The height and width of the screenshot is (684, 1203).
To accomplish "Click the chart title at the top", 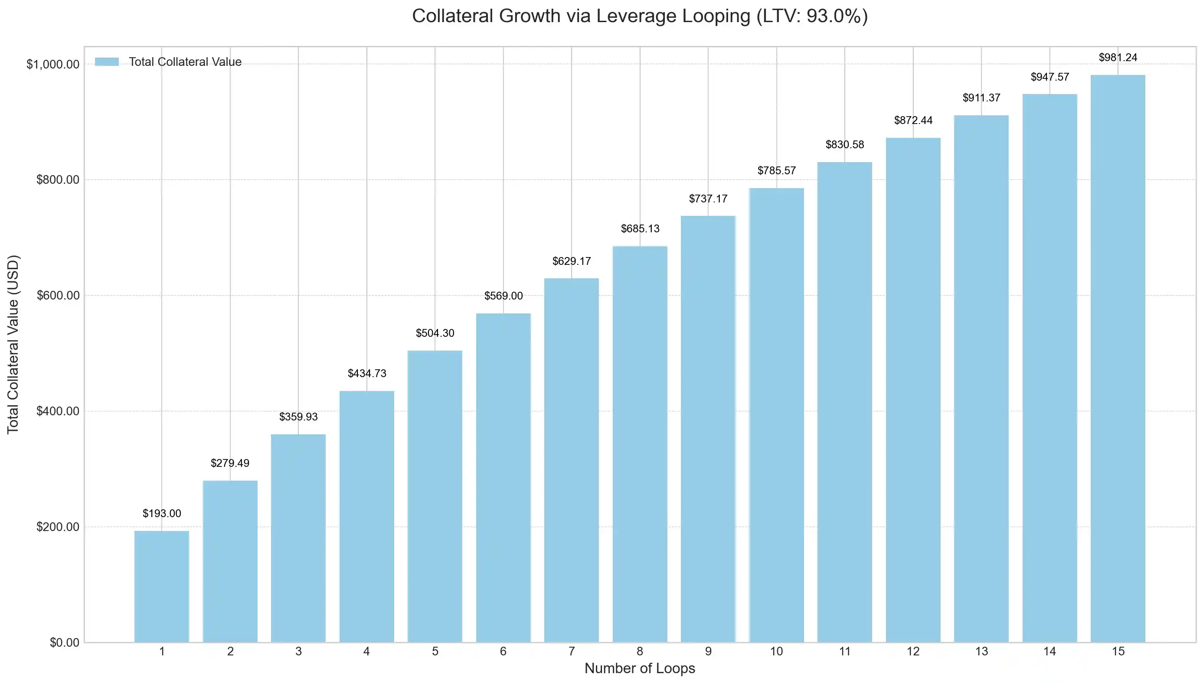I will click(x=640, y=16).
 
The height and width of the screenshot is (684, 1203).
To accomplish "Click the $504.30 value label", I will click(x=435, y=333).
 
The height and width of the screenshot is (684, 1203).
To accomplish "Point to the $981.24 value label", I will click(x=1118, y=57).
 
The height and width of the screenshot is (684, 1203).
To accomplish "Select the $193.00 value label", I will click(x=162, y=513).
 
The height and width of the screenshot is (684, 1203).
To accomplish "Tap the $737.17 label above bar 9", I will click(x=708, y=199).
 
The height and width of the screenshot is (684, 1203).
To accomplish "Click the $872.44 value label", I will click(x=912, y=120).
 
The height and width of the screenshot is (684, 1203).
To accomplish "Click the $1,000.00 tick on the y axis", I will click(x=52, y=64).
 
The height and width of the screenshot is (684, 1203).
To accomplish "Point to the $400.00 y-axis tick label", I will click(x=58, y=411).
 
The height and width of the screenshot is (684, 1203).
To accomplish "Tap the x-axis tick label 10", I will click(x=776, y=651).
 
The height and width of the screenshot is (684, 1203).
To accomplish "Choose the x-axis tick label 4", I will click(x=366, y=651).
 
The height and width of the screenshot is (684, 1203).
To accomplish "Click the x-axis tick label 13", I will click(x=981, y=651).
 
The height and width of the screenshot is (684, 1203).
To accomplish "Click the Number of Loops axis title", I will click(x=640, y=668).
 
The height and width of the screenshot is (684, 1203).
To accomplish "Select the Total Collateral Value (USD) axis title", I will click(x=13, y=344).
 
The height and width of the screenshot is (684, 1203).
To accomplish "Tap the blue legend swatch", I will click(x=107, y=62).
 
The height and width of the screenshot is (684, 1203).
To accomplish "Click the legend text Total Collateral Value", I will click(x=185, y=62).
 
